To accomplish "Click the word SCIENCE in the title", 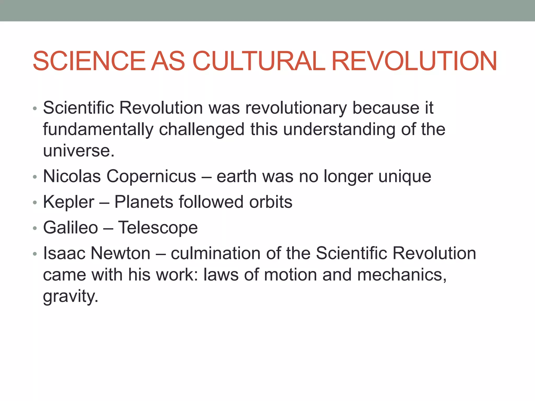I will pos(89,61).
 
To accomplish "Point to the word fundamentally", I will pos(98,129).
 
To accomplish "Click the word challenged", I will pos(202,129).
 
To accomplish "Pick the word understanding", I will pos(339,129).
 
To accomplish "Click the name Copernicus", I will pos(151,176).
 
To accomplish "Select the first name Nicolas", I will pos(72,176).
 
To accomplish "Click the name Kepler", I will pos(68,202).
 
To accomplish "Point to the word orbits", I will pos(271,202).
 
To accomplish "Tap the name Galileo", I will pos(71,228).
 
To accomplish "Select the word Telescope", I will pos(158,228).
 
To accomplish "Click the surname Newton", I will pos(120,253).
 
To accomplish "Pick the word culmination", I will pos(216,253).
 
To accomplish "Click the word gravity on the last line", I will pos(71,297).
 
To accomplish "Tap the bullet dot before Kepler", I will pos(35,203).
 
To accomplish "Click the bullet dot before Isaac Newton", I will pos(35,254).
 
